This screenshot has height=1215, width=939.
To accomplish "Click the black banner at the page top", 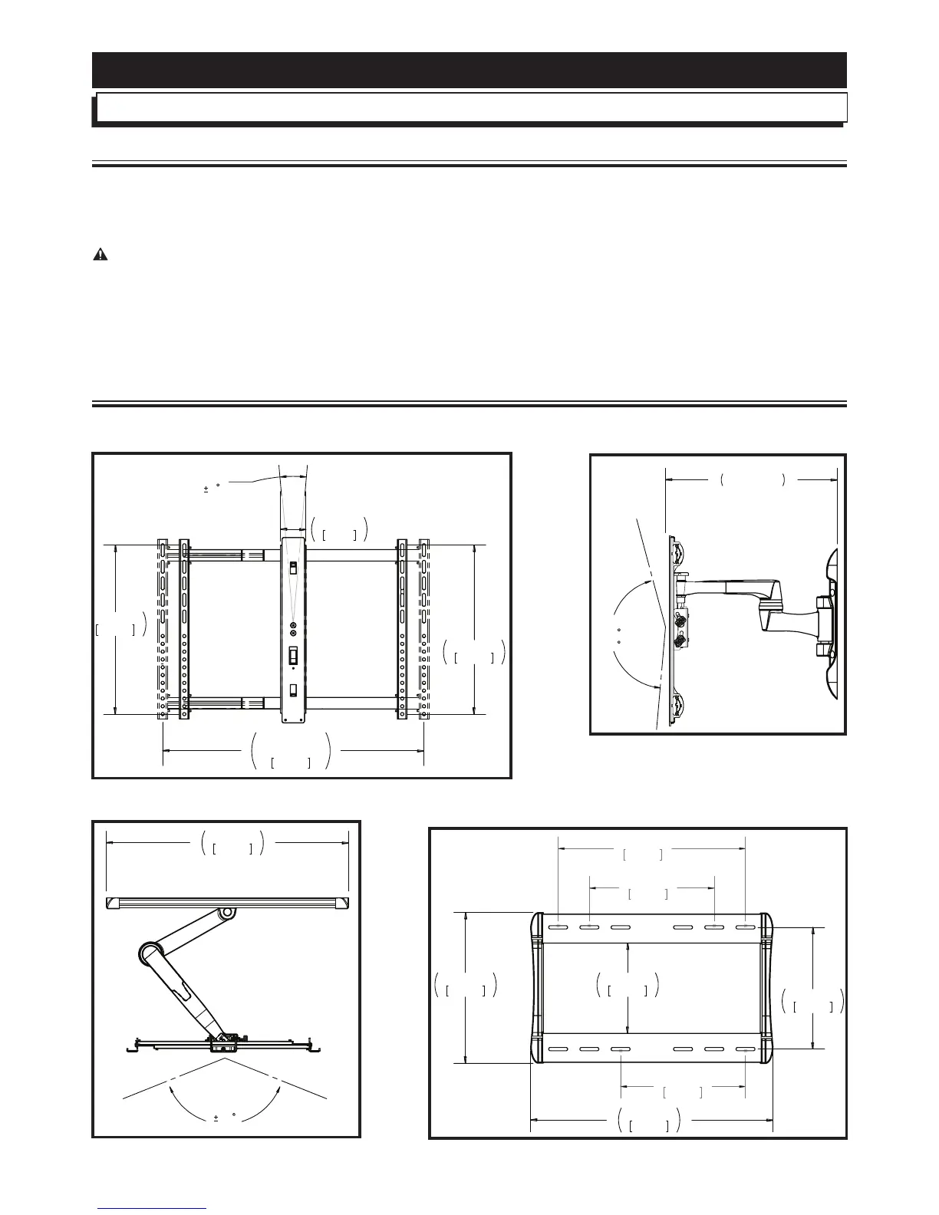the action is pos(469,70).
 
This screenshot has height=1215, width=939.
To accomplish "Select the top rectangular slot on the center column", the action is pos(293,570).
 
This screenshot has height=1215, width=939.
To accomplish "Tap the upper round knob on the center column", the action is pos(293,626).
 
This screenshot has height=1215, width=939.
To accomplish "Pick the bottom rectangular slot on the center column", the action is pos(293,689).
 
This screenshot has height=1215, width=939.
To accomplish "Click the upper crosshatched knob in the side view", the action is pos(678,618).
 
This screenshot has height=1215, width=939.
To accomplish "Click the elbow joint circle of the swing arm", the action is pos(148,955).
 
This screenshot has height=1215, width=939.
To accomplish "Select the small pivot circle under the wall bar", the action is pos(227,914).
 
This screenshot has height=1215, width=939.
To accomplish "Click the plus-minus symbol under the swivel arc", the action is pos(216,1118).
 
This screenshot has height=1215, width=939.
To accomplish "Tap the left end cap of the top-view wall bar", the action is pos(113,905).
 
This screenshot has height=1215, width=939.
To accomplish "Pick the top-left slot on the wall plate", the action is pos(559,928).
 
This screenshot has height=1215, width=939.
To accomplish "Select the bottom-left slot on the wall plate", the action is pos(559,1049).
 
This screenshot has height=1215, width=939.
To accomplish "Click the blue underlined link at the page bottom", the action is pos(152,1208).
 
